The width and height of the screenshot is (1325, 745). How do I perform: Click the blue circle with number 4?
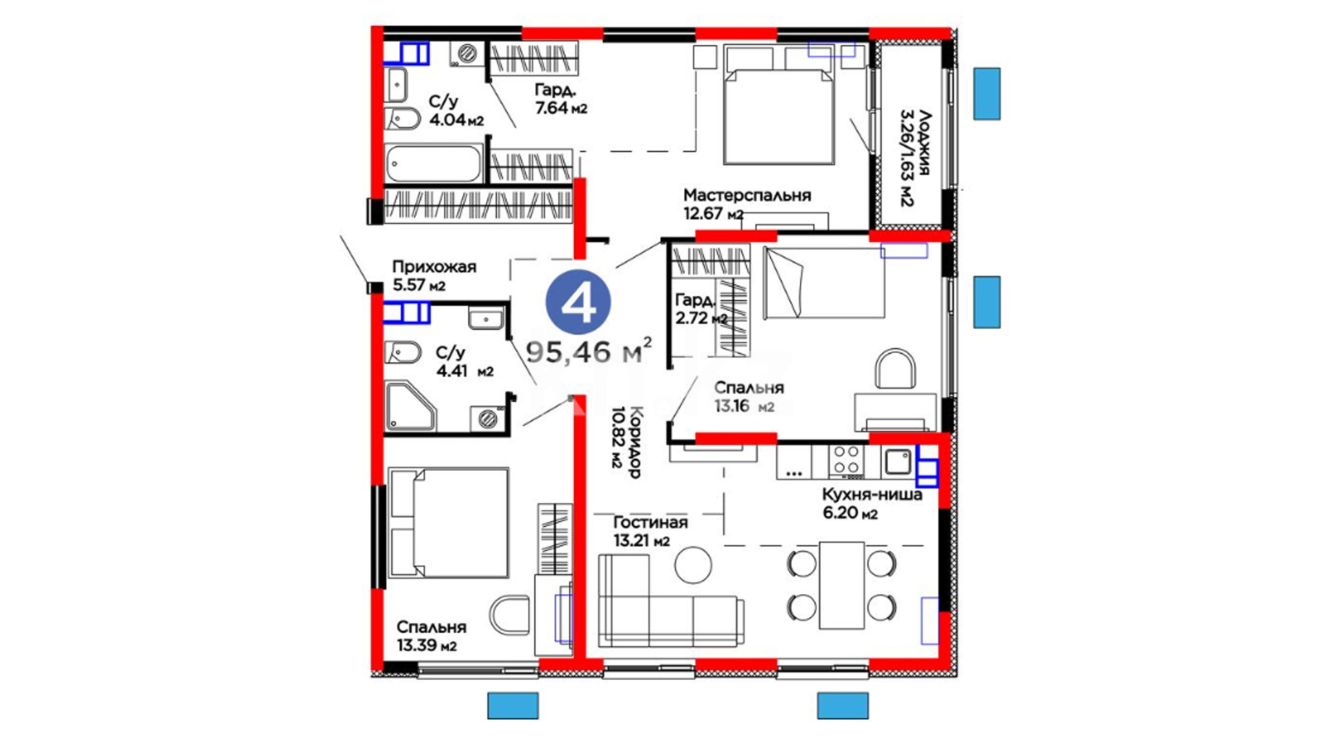pos(578,302)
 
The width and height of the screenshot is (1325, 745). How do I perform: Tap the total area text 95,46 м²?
pos(589,350)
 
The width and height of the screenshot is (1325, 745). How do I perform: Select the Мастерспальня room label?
pos(747,195)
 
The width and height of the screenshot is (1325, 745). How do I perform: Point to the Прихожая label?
pos(434,266)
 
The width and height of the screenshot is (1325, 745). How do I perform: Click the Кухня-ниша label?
pos(872,494)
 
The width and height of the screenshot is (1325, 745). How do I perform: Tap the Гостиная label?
pos(650,522)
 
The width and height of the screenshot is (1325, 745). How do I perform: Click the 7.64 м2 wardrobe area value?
pos(561,108)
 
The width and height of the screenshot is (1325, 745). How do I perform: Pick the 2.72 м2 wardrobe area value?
pos(701,318)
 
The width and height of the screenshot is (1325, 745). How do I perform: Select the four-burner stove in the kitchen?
pos(846,461)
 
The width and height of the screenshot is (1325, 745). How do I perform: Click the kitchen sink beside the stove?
pos(898,461)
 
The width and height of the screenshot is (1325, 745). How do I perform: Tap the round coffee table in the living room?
pos(693,564)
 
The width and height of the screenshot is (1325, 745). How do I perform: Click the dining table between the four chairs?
pos(842,585)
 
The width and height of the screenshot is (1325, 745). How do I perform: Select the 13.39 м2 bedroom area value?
pos(426,646)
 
